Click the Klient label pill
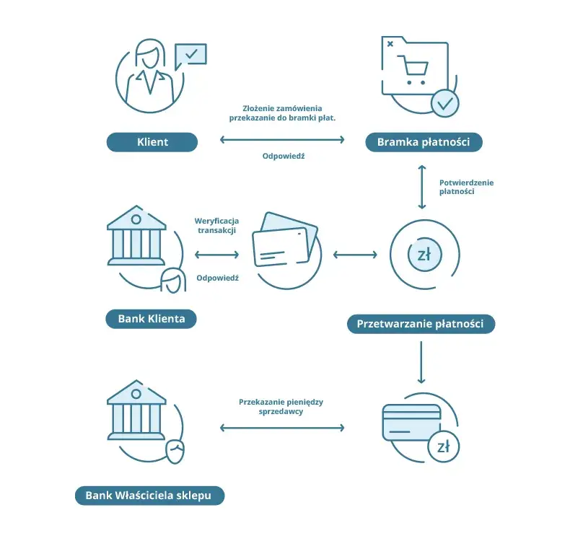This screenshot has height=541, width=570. (x=152, y=141)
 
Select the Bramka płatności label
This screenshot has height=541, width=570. (x=424, y=141)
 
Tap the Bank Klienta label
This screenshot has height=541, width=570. (x=152, y=319)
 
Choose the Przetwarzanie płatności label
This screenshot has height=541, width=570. (x=421, y=324)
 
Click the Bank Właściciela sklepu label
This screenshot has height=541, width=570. (x=150, y=496)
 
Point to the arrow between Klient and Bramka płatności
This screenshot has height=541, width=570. (x=282, y=139)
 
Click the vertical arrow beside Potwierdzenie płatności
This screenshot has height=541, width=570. (x=421, y=187)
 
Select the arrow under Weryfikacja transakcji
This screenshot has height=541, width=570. (x=216, y=255)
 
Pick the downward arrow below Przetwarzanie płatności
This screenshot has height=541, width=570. (x=421, y=362)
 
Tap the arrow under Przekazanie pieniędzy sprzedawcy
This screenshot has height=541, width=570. (x=282, y=428)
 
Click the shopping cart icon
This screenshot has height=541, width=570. (x=413, y=70)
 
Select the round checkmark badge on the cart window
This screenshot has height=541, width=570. (x=445, y=104)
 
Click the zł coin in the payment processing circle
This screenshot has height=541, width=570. (x=424, y=255)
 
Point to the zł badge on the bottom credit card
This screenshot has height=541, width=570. (x=444, y=447)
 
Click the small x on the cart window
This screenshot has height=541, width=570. (x=390, y=44)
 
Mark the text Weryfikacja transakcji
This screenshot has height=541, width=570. (x=216, y=225)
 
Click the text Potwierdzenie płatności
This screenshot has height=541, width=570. (x=466, y=187)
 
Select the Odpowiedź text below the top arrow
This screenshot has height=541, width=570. (x=284, y=156)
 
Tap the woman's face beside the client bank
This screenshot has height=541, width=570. (x=173, y=281)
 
